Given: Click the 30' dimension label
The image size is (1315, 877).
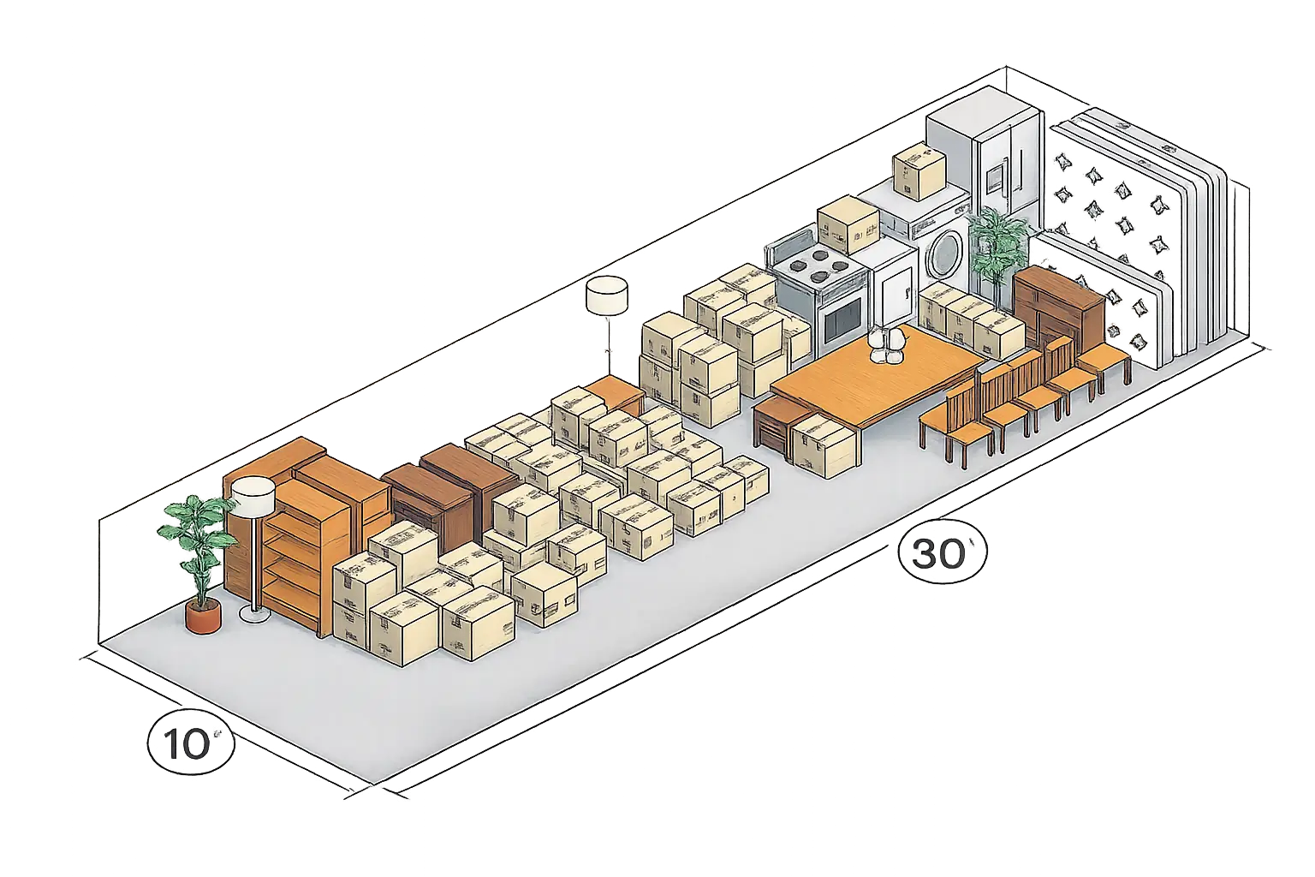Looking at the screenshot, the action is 943,552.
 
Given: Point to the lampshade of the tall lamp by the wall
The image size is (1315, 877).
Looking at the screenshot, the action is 607,295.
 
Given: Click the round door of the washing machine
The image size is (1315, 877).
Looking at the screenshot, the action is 944,253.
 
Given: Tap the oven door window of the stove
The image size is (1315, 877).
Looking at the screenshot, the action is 843,322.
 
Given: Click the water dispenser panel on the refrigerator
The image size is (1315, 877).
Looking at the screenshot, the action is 994,176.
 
